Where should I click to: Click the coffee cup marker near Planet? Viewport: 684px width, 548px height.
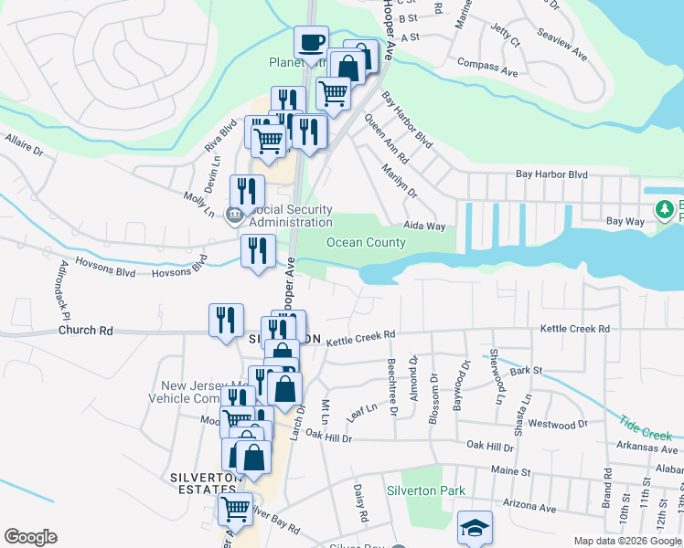tap(311, 43)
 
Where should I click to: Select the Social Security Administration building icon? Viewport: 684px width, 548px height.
tap(235, 216)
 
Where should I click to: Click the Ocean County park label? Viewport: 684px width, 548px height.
tap(366, 242)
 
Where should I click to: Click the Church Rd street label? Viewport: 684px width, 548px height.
tap(86, 331)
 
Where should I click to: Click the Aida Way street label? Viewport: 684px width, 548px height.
tap(424, 226)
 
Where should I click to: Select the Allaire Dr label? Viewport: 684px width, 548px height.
tap(25, 145)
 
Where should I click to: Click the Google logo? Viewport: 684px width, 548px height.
tap(30, 537)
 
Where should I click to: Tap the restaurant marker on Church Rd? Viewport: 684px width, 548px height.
tap(226, 321)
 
